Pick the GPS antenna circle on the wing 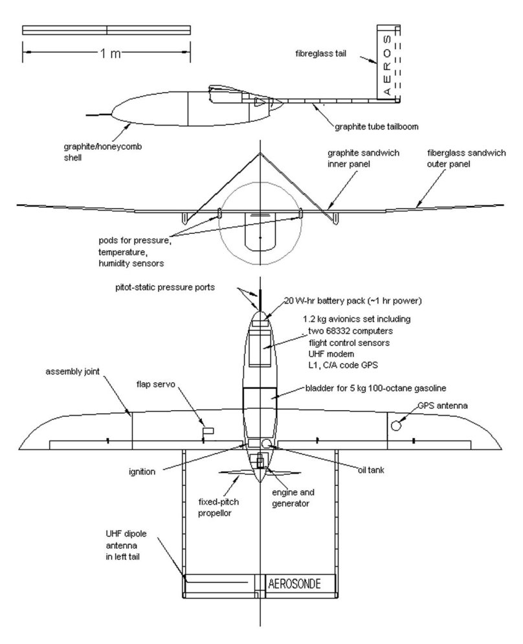tap(397, 426)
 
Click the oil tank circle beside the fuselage tap(267, 443)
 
